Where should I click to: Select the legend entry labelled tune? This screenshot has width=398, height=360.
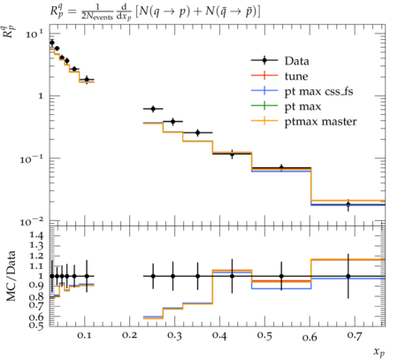click(x=296, y=76)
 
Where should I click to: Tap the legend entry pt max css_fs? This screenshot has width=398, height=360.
click(x=318, y=91)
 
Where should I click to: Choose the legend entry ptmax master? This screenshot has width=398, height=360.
click(x=320, y=122)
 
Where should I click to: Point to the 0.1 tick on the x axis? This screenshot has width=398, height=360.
click(x=85, y=335)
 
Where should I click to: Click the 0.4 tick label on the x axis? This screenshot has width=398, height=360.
click(x=219, y=335)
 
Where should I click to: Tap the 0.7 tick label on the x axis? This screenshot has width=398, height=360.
click(x=354, y=335)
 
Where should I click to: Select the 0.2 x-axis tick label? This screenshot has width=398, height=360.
click(x=129, y=335)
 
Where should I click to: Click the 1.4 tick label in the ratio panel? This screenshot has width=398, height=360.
click(x=36, y=235)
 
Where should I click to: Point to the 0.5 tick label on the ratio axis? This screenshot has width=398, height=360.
click(x=36, y=326)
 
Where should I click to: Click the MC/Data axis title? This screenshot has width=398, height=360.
click(x=11, y=276)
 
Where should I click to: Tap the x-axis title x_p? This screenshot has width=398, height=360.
click(x=379, y=351)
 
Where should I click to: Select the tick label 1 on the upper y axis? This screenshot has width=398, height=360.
click(x=41, y=96)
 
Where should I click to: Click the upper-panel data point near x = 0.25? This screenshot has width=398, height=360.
click(x=153, y=109)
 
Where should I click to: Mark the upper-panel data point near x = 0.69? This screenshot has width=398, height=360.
click(x=348, y=204)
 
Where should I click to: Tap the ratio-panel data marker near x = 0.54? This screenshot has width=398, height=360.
click(x=281, y=276)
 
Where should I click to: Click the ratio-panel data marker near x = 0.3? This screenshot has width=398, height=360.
click(x=173, y=276)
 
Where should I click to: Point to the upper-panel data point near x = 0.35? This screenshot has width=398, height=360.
click(x=197, y=133)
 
